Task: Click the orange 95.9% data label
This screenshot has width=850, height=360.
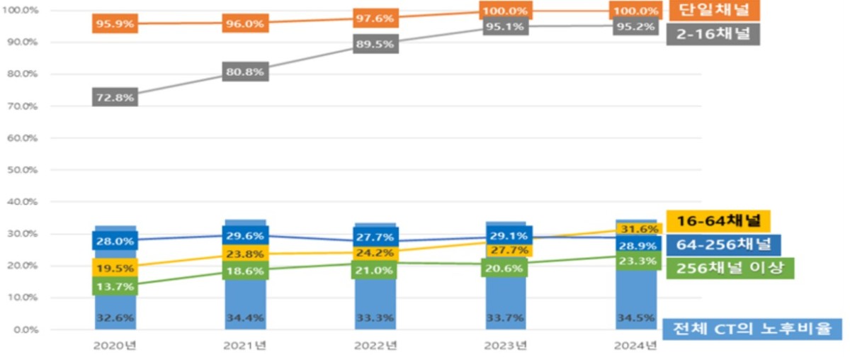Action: coord(115,23)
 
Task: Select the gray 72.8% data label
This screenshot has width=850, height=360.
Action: coord(115,97)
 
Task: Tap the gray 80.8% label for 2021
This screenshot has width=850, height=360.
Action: coord(245,72)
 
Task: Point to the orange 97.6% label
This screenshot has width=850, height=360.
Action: coord(375,18)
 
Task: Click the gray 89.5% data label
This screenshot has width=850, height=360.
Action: coord(375,44)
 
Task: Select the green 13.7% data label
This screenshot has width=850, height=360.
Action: coord(115,286)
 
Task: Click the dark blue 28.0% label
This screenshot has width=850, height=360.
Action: coord(115,241)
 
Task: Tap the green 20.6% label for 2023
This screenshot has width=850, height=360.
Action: coord(504,268)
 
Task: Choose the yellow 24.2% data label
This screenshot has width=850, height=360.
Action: coord(375,253)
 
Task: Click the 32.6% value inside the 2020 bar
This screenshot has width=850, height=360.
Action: coord(115,317)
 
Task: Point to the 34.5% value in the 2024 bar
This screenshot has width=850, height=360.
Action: coord(636,317)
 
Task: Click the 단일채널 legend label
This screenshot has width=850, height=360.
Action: coord(715,10)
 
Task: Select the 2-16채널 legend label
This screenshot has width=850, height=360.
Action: coord(713,34)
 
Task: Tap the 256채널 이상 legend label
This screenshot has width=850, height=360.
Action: coord(730,268)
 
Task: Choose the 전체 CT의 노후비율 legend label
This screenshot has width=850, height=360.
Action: coord(752,329)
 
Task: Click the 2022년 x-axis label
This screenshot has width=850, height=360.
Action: coord(375,346)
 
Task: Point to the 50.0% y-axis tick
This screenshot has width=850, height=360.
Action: coord(23,170)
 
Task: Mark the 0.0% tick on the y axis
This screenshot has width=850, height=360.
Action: coord(25,330)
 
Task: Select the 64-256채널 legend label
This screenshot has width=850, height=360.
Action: coord(724,245)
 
